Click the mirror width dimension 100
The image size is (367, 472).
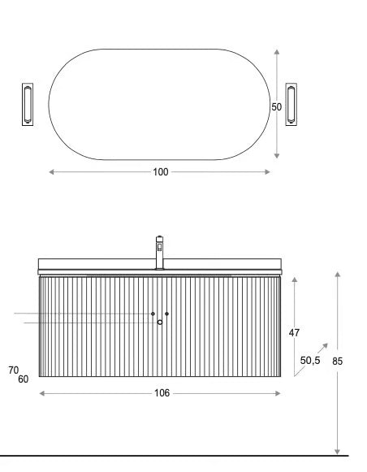[x=161, y=172]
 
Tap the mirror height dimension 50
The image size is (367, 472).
[x=276, y=107]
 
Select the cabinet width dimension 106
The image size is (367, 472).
[x=162, y=393]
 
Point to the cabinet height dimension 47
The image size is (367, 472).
[x=294, y=332]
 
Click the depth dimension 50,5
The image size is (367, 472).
[x=310, y=360]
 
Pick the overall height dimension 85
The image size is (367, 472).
[x=337, y=361]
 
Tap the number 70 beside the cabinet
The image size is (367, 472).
[x=14, y=370]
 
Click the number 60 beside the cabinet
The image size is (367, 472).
[x=24, y=379]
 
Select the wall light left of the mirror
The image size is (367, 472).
[x=28, y=105]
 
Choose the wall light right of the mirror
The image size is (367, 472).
[x=291, y=105]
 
